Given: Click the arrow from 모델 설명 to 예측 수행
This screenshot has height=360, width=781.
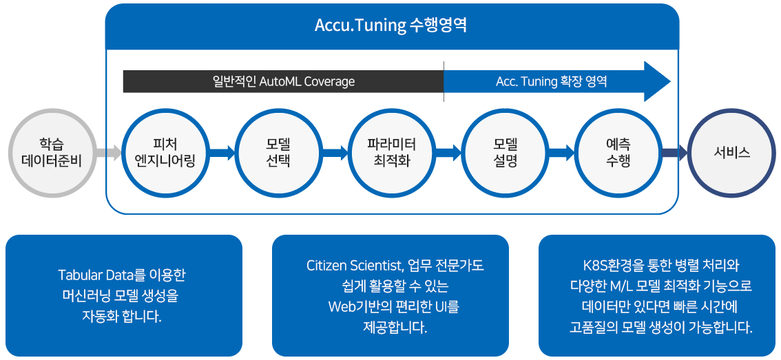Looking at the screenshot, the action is [562, 152].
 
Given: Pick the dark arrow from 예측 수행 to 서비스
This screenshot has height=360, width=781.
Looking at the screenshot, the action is [675, 152].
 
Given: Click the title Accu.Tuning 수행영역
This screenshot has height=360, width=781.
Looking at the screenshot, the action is [390, 25].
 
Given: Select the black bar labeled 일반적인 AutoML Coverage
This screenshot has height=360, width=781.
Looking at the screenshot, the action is [284, 82].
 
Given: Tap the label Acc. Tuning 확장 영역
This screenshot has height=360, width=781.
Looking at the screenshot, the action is [551, 82].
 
